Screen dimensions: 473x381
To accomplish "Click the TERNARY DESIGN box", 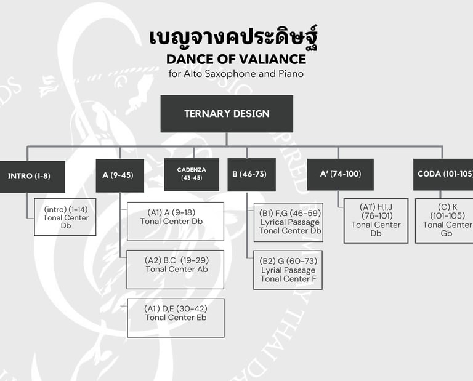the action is pyautogui.click(x=227, y=114).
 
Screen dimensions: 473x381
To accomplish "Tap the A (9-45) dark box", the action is pyautogui.click(x=119, y=175).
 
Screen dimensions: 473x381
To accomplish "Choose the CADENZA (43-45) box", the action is pyautogui.click(x=192, y=174).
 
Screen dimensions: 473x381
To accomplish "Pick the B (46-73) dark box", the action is pyautogui.click(x=251, y=175).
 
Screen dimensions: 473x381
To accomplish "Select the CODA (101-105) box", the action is pyautogui.click(x=443, y=174).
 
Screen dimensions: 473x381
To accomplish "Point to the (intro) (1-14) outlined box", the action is pyautogui.click(x=65, y=217).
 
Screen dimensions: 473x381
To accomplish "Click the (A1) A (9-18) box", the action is pyautogui.click(x=176, y=221).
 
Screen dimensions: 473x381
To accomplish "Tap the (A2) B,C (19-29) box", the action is pyautogui.click(x=176, y=269).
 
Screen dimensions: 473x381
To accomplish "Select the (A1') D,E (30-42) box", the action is pyautogui.click(x=176, y=318).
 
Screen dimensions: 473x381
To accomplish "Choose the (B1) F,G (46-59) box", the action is pyautogui.click(x=288, y=221).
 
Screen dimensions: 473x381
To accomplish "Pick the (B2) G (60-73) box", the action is pyautogui.click(x=288, y=270).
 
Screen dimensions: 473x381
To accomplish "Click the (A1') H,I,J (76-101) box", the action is pyautogui.click(x=376, y=220).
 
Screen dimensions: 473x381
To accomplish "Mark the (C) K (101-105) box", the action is pyautogui.click(x=445, y=220).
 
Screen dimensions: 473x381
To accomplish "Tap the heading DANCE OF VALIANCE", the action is pyautogui.click(x=236, y=59).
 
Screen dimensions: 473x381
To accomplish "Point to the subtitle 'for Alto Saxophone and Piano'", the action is pyautogui.click(x=236, y=74).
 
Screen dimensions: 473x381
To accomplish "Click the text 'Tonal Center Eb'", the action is pyautogui.click(x=176, y=318).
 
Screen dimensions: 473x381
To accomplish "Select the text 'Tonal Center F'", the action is pyautogui.click(x=288, y=279).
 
